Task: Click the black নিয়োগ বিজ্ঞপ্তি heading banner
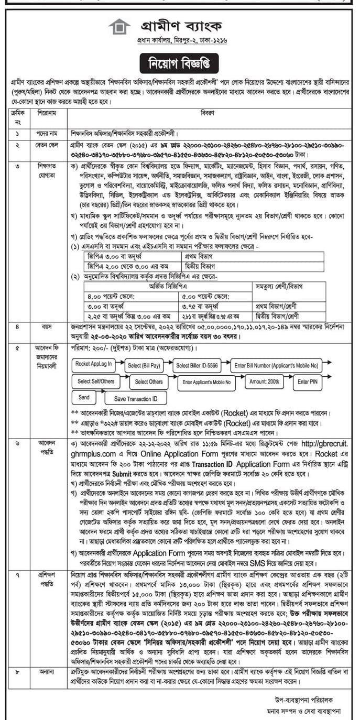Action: pos(180,64)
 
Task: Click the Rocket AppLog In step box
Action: pos(93,363)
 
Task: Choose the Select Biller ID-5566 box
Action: pos(197,365)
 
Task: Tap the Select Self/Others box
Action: pos(95,381)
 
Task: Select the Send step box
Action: pos(84,397)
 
